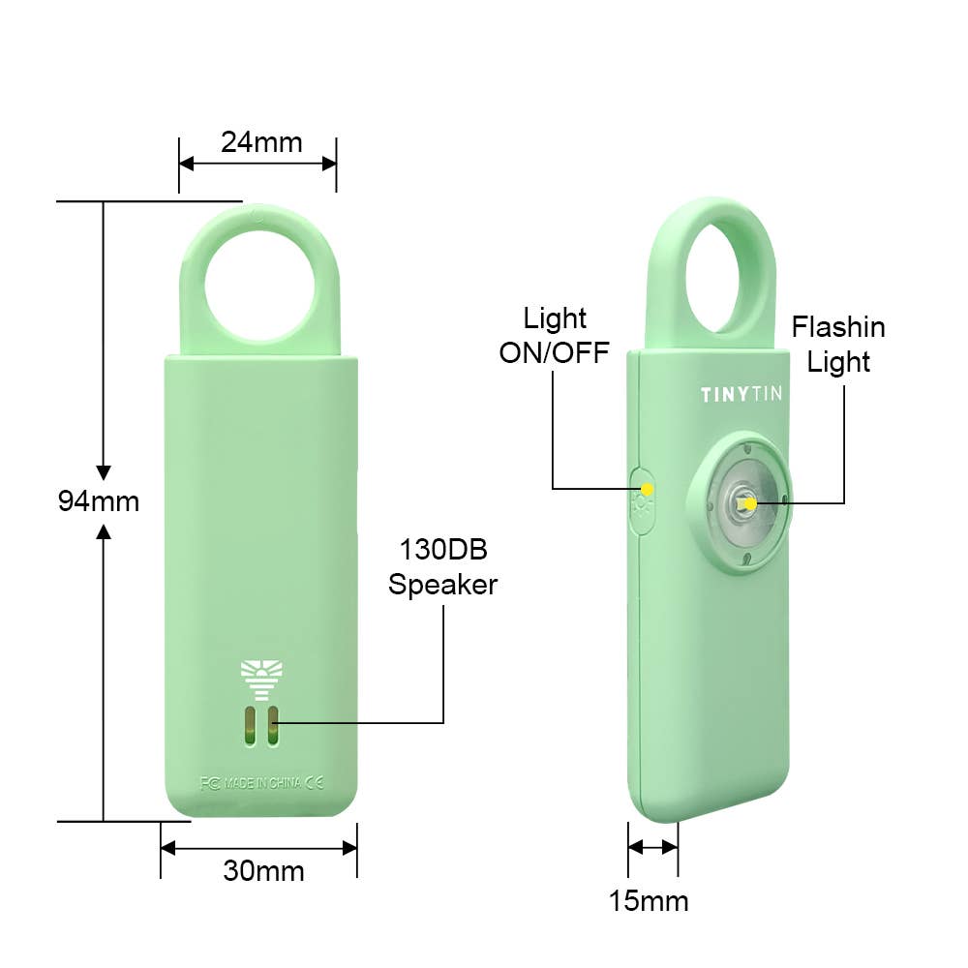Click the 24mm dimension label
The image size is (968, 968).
(261, 142)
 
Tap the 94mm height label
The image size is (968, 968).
(98, 501)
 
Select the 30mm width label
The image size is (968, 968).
(263, 871)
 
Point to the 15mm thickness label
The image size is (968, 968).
(649, 901)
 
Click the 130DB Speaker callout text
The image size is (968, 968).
(442, 567)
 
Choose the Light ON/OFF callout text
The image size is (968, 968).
(554, 335)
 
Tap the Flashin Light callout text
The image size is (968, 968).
(838, 344)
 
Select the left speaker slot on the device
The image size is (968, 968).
(250, 726)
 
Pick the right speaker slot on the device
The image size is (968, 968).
(273, 726)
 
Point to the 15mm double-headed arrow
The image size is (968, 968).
(652, 847)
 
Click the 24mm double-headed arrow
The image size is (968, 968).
(257, 164)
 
